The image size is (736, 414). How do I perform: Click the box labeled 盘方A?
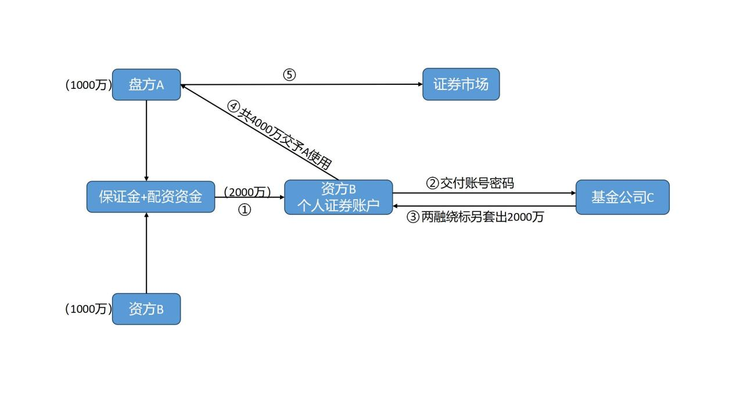click(146, 85)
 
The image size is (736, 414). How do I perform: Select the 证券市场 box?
click(461, 85)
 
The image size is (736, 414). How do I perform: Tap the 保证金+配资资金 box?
click(150, 197)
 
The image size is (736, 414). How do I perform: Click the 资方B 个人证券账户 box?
click(338, 197)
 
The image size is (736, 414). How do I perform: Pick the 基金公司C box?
click(622, 197)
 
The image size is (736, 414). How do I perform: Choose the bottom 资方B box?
click(146, 309)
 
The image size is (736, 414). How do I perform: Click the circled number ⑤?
click(289, 75)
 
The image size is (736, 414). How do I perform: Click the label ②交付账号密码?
click(471, 183)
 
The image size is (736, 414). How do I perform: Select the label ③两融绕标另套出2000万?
click(475, 217)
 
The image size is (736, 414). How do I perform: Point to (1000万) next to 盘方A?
click(88, 85)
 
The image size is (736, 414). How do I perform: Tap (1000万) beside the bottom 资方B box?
click(88, 309)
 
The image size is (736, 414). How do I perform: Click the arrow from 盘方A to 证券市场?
click(349, 84)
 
